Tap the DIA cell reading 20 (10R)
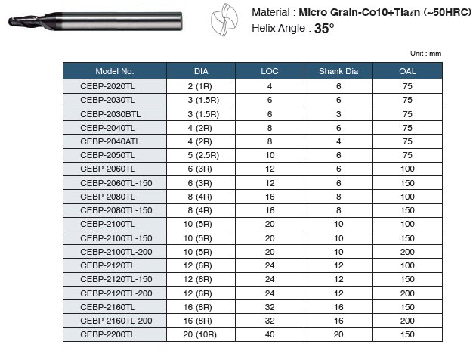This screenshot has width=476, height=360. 201,334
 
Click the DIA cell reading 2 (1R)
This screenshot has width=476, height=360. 201,86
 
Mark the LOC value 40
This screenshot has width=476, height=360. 270,334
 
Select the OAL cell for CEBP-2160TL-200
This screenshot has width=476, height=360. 407,321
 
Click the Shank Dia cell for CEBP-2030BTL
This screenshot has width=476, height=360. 338,113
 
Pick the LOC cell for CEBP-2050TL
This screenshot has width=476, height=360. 270,155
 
